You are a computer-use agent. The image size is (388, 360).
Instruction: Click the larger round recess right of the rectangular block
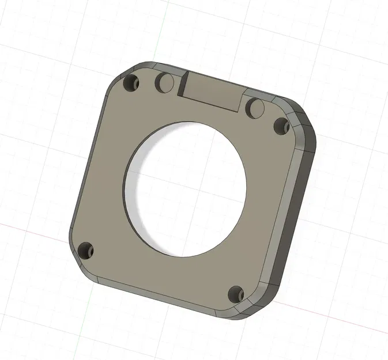point(255,107)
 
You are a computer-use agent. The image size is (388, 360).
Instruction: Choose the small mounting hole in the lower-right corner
point(235,294)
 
